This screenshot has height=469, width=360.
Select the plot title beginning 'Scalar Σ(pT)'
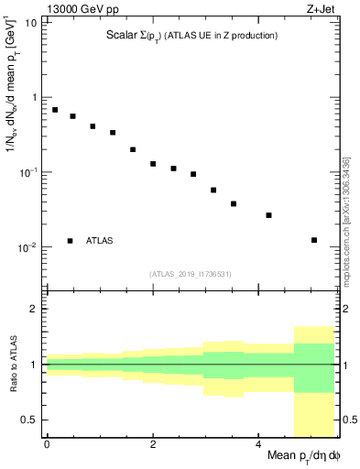tap(191, 36)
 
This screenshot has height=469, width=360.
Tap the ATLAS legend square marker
tap(70, 241)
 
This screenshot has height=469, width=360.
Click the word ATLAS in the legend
tap(100, 241)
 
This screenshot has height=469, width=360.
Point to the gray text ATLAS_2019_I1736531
tap(191, 273)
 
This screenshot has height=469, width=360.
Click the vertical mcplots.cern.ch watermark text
tap(346, 220)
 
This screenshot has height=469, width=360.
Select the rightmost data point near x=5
tap(314, 240)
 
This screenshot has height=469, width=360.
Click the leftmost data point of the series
tap(55, 110)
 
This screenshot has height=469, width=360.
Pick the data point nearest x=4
tap(268, 215)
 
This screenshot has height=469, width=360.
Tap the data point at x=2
tap(153, 164)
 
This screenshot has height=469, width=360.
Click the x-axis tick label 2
tap(153, 444)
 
